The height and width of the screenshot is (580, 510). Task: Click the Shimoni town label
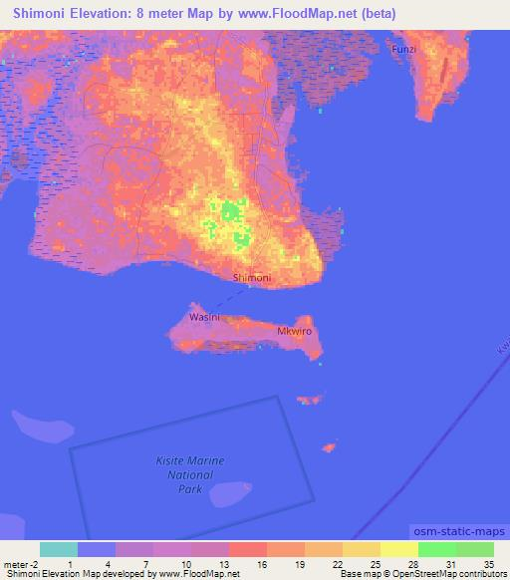point(251,278)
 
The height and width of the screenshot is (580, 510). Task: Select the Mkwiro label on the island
point(294,331)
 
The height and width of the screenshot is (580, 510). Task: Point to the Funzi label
point(403,49)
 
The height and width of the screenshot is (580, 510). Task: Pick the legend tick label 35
point(489,564)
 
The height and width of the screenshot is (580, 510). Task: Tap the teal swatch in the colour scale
point(59,549)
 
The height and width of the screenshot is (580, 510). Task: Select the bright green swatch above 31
point(436,549)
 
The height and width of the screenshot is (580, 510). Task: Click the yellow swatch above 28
point(398,549)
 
